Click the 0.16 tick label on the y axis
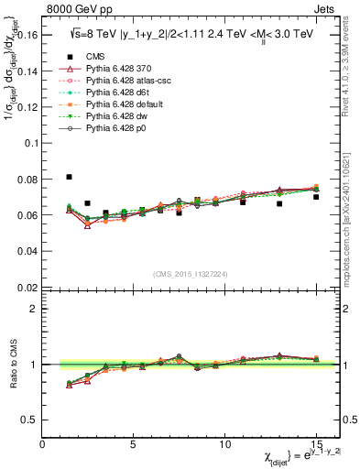point(27,36)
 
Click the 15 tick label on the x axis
point(316,444)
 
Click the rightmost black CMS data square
point(316,197)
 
